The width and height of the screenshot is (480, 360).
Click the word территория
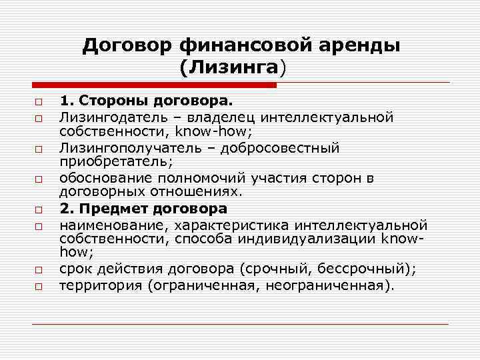coord(100,285)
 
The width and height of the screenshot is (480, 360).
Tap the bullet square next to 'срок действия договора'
coord(39,270)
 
